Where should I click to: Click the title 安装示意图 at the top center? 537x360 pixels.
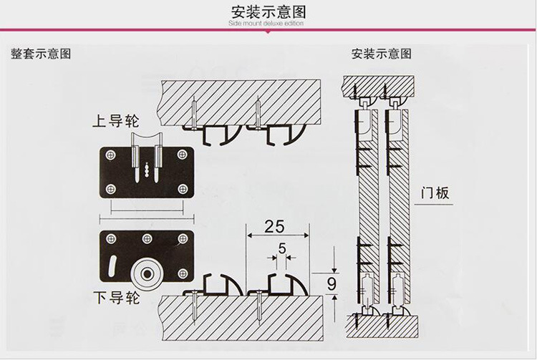click(x=268, y=11)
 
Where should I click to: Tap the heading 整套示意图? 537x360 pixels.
click(x=40, y=54)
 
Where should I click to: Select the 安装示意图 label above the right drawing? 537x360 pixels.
click(x=381, y=54)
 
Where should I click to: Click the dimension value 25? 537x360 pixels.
click(x=274, y=227)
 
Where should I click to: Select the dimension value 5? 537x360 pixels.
click(x=281, y=250)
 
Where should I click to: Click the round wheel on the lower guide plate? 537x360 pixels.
click(x=148, y=273)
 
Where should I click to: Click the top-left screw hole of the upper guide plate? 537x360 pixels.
click(x=111, y=152)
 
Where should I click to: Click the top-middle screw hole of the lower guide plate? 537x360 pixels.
click(x=147, y=238)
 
